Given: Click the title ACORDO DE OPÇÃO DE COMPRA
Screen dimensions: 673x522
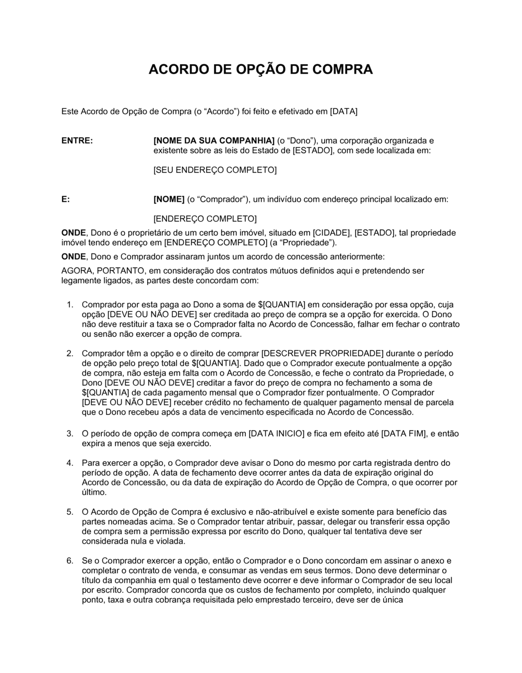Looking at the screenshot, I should click(260, 70).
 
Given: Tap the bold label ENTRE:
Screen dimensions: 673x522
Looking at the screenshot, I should click(77, 141).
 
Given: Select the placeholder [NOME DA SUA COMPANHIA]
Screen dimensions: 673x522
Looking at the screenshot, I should click(213, 141).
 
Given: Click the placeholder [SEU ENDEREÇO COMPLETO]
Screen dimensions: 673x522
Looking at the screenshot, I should click(215, 170).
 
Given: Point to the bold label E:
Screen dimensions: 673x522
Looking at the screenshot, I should click(66, 199).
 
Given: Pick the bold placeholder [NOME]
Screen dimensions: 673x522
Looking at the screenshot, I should click(169, 199).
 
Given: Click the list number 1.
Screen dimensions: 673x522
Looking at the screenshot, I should click(69, 305).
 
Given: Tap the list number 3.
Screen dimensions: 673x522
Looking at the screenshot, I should click(69, 434).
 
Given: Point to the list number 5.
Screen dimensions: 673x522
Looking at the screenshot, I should click(69, 512).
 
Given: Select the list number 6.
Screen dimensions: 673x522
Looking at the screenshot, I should click(69, 561).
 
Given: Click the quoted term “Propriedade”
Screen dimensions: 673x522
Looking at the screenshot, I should click(306, 243).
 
